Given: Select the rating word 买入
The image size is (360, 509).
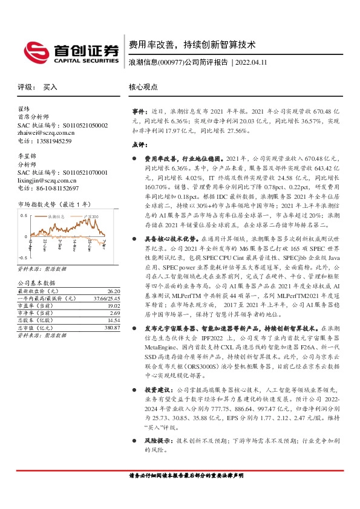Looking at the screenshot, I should point(50,87).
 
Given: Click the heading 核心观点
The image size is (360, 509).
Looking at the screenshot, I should point(143,87).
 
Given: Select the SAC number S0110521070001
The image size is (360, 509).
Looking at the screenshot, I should point(79,173).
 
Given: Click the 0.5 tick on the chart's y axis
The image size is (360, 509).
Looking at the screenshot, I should point(22,215).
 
